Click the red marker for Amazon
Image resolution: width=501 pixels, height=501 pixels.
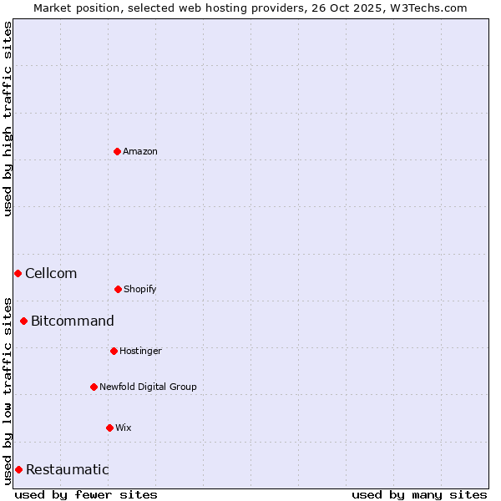[117, 151]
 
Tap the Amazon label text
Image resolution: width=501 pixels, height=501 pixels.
[140, 152]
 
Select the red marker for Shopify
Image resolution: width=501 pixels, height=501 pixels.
[118, 289]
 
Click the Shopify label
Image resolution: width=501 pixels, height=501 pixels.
[140, 290]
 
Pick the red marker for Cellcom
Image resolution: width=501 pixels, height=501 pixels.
[18, 273]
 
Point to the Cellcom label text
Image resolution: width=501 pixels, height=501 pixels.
[51, 274]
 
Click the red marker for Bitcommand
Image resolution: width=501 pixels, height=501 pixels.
[23, 321]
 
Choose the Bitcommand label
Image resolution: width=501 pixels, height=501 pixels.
[73, 321]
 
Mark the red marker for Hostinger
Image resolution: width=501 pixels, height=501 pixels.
[114, 351]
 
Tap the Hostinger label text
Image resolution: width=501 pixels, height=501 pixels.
[140, 352]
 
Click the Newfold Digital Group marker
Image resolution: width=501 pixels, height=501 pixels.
[94, 387]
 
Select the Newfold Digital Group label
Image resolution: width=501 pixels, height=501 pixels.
[148, 387]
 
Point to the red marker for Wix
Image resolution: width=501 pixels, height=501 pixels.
[109, 428]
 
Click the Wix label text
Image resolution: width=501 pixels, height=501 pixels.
[124, 428]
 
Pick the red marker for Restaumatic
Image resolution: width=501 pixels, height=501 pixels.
[18, 469]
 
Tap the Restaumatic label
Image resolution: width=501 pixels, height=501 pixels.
[68, 470]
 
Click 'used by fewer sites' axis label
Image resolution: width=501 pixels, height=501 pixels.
[86, 494]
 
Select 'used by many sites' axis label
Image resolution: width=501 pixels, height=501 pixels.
[419, 494]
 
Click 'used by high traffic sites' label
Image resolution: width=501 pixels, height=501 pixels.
[8, 119]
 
